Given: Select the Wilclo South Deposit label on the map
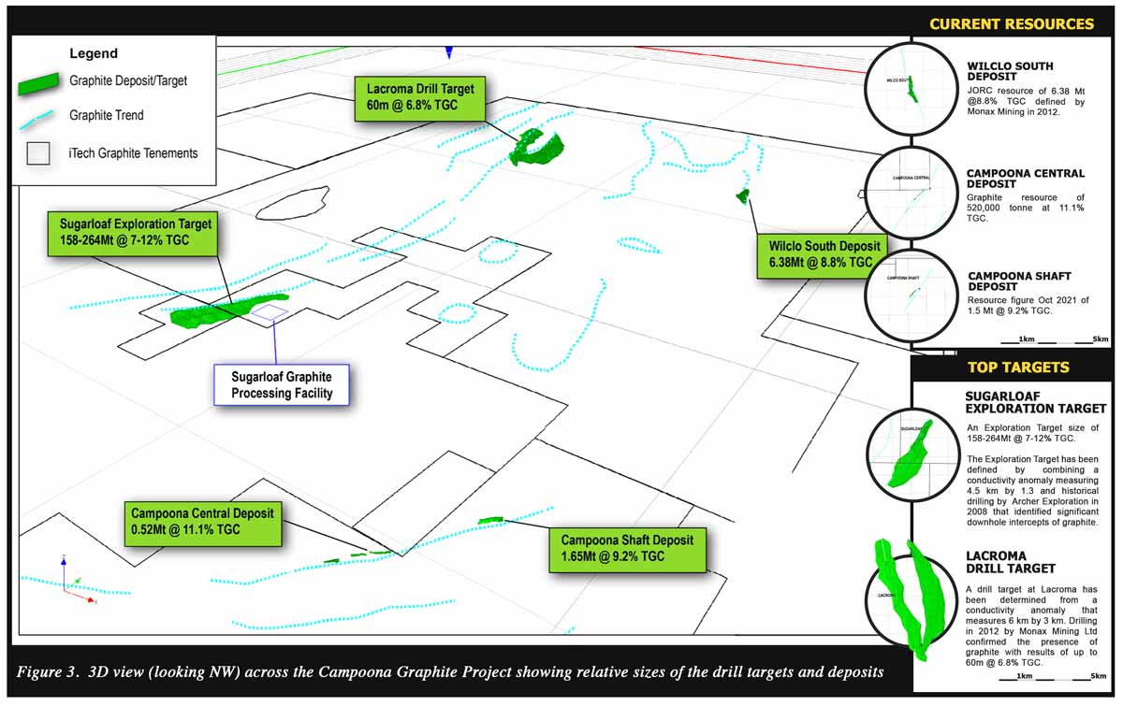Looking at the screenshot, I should [818, 254].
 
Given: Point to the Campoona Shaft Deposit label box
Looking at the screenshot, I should [627, 549].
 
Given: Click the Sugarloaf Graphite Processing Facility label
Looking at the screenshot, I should [283, 384].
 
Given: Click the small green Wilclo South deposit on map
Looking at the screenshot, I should [743, 195].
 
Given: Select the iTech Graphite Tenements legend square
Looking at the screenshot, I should [38, 153].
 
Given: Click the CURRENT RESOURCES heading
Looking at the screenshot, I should [1011, 24].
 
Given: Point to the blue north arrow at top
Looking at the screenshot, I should [449, 52].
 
